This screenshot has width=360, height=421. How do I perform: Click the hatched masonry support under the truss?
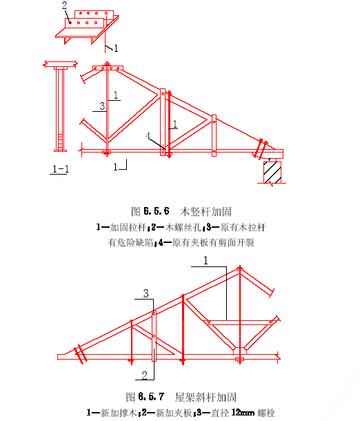pos(272,172)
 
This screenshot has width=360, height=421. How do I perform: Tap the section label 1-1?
pos(61,169)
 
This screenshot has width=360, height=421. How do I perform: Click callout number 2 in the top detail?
pos(64,6)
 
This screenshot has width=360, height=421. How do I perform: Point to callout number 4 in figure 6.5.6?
pos(148,136)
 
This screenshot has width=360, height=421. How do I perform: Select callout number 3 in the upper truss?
pos(102,106)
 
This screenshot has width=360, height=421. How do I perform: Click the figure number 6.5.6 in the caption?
pos(157,211)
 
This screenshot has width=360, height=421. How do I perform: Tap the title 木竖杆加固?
pos(206,212)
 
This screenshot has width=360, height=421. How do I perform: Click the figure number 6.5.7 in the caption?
pos(151,397)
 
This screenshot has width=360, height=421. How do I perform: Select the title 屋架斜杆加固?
pos(206,397)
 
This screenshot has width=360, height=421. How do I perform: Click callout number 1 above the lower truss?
pos(206,260)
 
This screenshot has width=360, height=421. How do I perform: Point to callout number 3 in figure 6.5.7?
pos(146,293)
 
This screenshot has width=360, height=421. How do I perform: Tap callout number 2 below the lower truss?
pos(145,375)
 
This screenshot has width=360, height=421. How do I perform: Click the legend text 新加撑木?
pos(119,413)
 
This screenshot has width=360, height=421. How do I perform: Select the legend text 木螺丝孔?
pos(183,228)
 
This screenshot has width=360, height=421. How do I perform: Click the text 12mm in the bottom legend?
pos(243,413)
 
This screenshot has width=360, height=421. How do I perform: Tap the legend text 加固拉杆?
pos(128,228)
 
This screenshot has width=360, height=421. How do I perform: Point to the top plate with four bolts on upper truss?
pos(108,68)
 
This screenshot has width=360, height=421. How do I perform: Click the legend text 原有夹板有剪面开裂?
pos(213,242)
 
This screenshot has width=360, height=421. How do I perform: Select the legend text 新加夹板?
pos(174,413)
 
